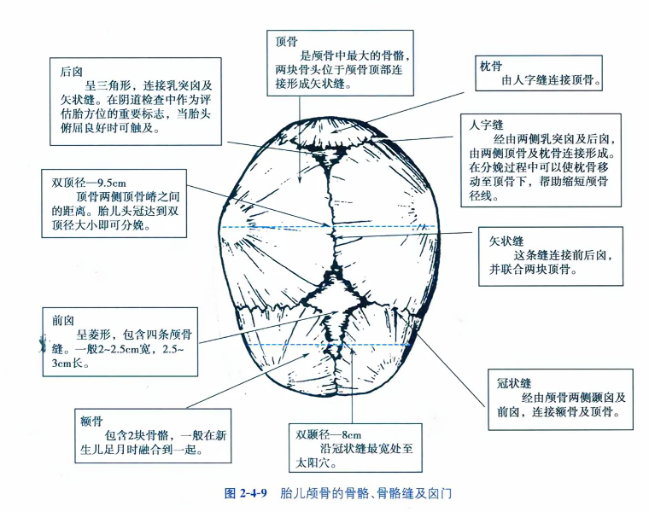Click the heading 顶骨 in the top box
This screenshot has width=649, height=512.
point(286,41)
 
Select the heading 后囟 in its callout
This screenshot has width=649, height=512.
point(71,72)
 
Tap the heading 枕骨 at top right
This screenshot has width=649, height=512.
point(491,66)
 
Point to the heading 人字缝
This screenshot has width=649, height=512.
point(486,125)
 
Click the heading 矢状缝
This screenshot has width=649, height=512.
point(506,241)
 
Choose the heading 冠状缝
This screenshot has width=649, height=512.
point(514,383)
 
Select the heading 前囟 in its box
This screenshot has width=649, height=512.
point(63,321)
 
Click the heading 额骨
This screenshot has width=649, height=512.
point(91,422)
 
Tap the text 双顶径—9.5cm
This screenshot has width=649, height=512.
point(89,183)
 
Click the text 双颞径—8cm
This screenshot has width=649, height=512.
point(328,435)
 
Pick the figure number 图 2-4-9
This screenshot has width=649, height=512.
point(245,493)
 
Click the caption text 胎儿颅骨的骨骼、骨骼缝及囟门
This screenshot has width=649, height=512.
point(365,493)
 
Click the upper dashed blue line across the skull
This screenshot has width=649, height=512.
point(328,227)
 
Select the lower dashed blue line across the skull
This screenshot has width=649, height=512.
point(328,345)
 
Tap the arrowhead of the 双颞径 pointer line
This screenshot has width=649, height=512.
point(352,351)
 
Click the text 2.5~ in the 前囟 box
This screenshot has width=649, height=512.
point(173,349)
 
